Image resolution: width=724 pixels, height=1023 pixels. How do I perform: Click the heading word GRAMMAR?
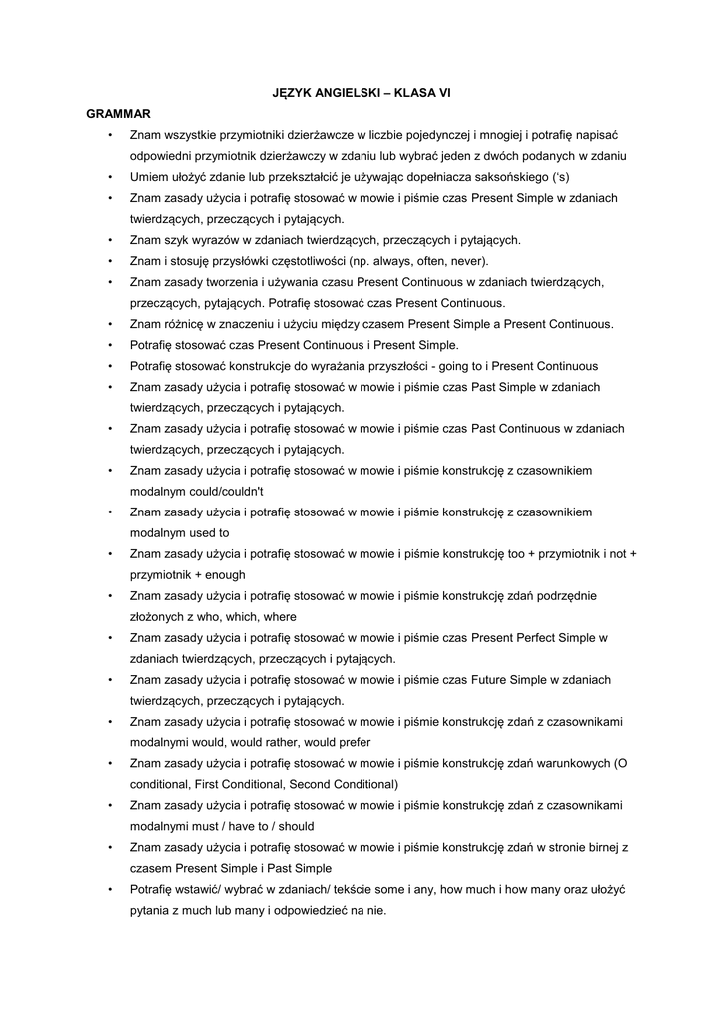pyautogui.click(x=118, y=115)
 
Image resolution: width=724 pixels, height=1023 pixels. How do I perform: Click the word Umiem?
pyautogui.click(x=148, y=177)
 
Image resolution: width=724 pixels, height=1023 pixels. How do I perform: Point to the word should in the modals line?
pyautogui.click(x=295, y=827)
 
